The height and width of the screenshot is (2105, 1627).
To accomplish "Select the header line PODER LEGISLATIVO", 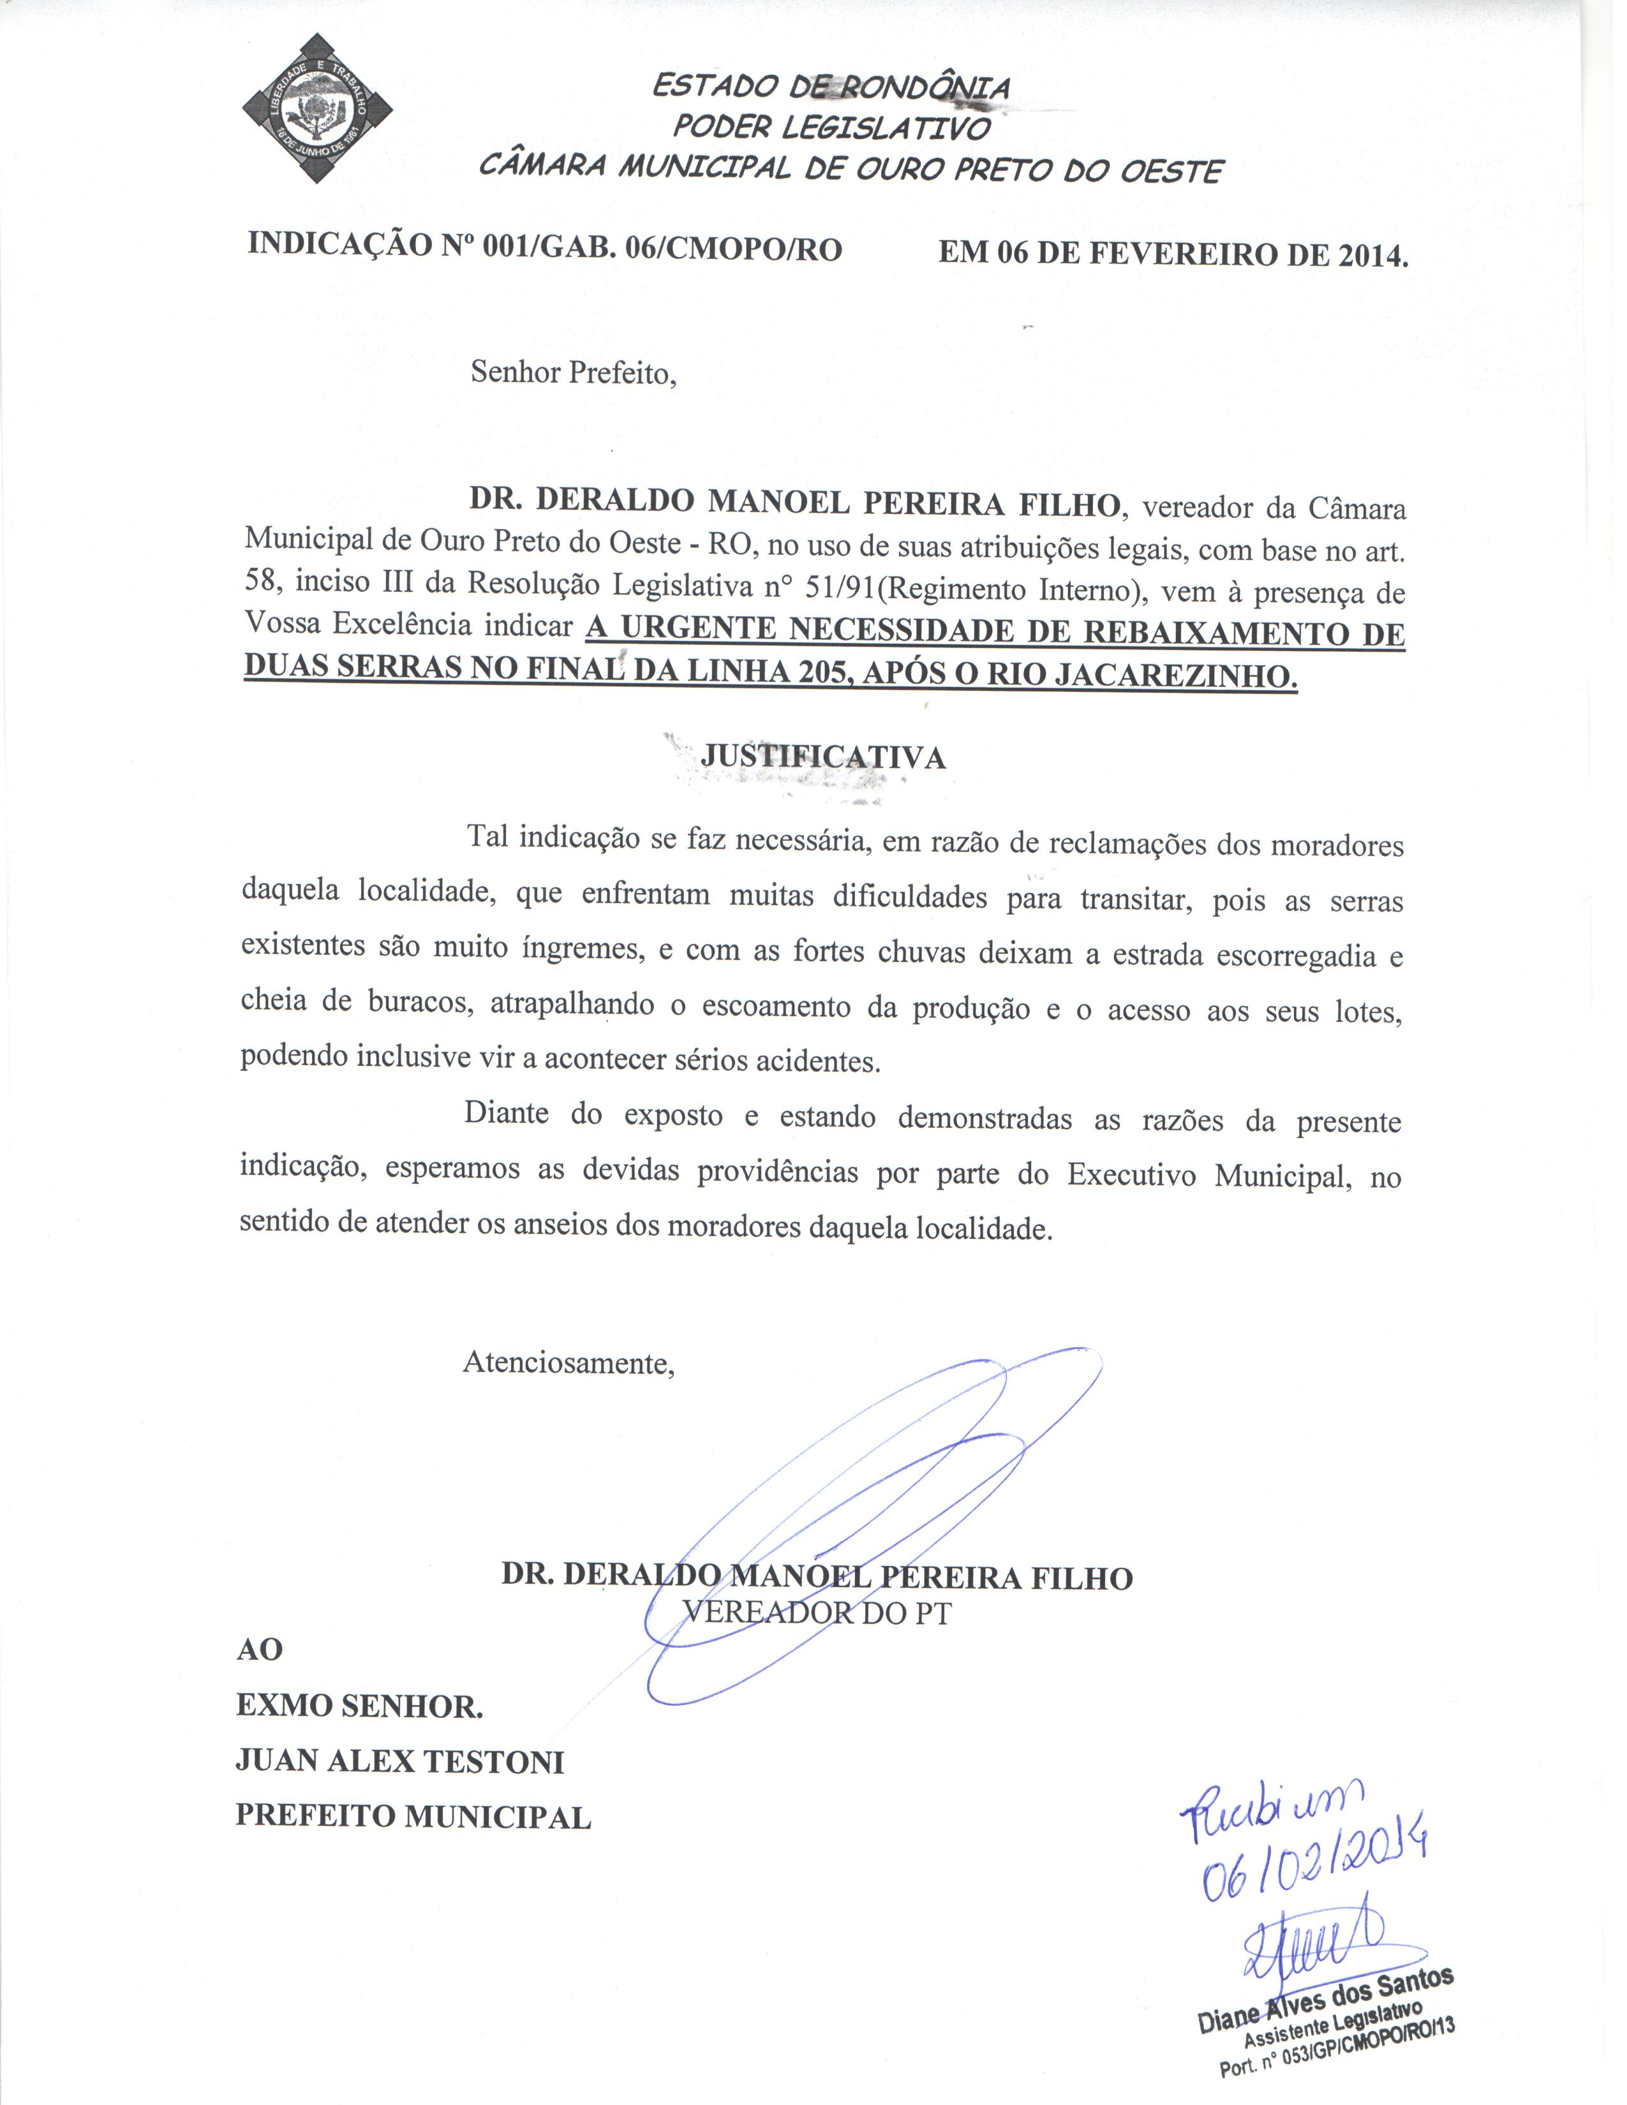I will pos(831,127).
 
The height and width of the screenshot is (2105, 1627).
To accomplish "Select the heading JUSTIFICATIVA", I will pos(822,757).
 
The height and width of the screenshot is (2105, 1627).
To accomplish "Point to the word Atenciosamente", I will pos(568,1363).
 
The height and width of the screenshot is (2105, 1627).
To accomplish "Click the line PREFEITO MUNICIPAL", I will pos(413,1817).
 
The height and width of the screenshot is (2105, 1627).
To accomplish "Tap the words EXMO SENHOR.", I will pos(359,1707).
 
